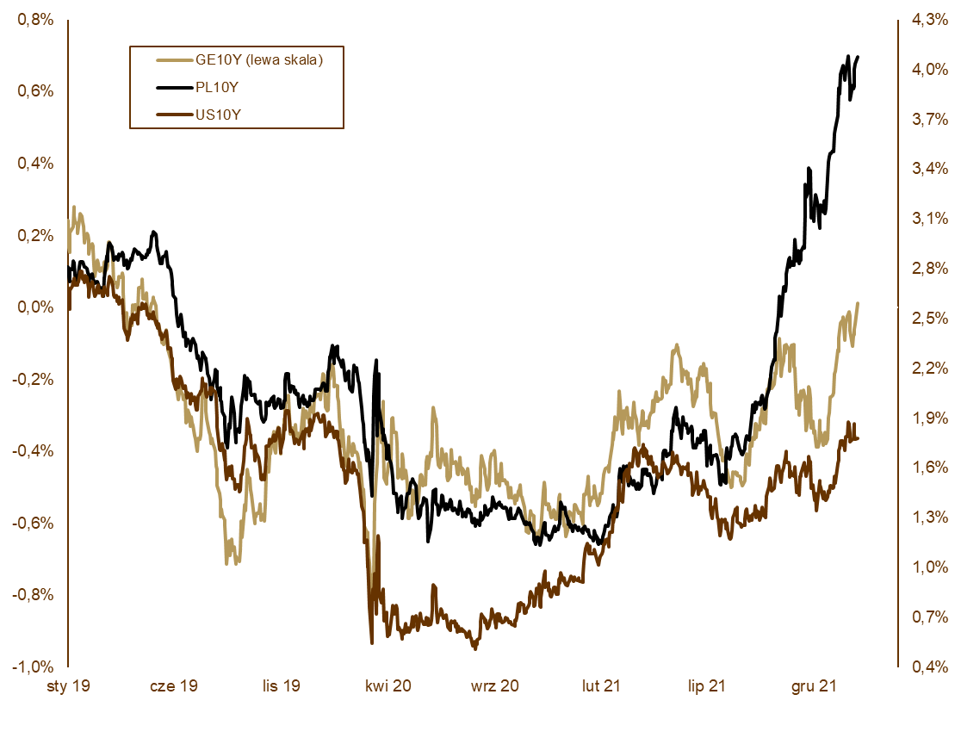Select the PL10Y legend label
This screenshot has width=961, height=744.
216,87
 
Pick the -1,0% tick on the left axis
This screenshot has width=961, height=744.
32,666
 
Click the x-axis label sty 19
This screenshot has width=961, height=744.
68,686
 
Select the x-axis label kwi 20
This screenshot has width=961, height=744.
388,686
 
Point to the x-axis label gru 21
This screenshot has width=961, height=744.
814,686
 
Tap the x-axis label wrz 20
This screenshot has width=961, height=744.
495,686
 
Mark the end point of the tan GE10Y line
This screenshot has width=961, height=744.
859,303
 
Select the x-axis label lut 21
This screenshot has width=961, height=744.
601,686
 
